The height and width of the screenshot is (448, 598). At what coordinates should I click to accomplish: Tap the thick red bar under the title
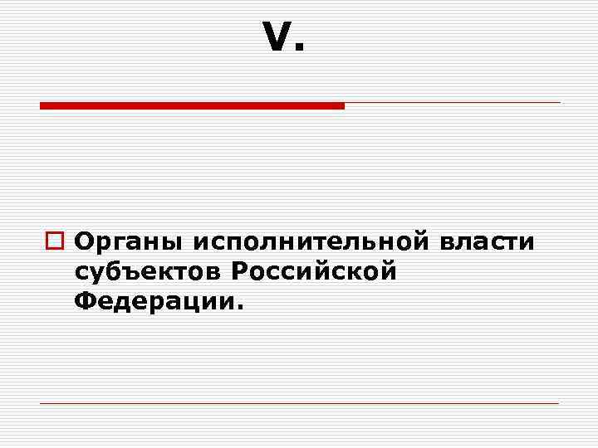[x=192, y=105]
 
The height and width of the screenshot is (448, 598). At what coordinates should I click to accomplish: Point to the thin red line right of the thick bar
[x=453, y=103]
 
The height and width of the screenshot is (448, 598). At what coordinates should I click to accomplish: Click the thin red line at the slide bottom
[x=299, y=403]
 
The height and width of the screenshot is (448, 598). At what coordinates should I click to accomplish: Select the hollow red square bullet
[x=56, y=243]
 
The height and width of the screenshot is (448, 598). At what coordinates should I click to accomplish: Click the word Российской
[x=313, y=271]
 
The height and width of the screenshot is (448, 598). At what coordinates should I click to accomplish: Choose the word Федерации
[x=154, y=300]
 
